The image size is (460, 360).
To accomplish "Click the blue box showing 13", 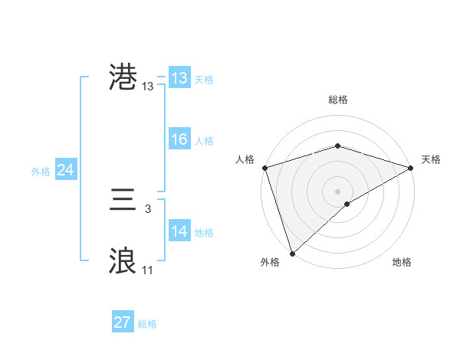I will (179, 78).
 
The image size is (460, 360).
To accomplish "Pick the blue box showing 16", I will (179, 139).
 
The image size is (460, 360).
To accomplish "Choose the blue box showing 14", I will (179, 231).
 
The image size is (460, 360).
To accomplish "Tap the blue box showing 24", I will (65, 170).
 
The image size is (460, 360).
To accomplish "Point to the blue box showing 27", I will (122, 322).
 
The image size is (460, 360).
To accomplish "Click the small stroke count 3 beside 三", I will (147, 208).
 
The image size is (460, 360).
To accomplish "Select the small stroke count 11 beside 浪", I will (147, 270).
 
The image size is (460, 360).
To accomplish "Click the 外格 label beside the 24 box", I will (41, 172).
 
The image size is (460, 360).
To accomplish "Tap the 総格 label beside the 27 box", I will (147, 324).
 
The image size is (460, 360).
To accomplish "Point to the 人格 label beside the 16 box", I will (204, 141).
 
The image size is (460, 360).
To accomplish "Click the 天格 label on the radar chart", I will (431, 159).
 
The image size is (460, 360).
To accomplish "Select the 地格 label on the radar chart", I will (402, 263).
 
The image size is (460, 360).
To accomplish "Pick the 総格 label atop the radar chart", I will (337, 100).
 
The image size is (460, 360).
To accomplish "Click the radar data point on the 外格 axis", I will (292, 253).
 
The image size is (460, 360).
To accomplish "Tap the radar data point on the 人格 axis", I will (264, 168).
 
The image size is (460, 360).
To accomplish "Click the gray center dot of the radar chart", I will (337, 191).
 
